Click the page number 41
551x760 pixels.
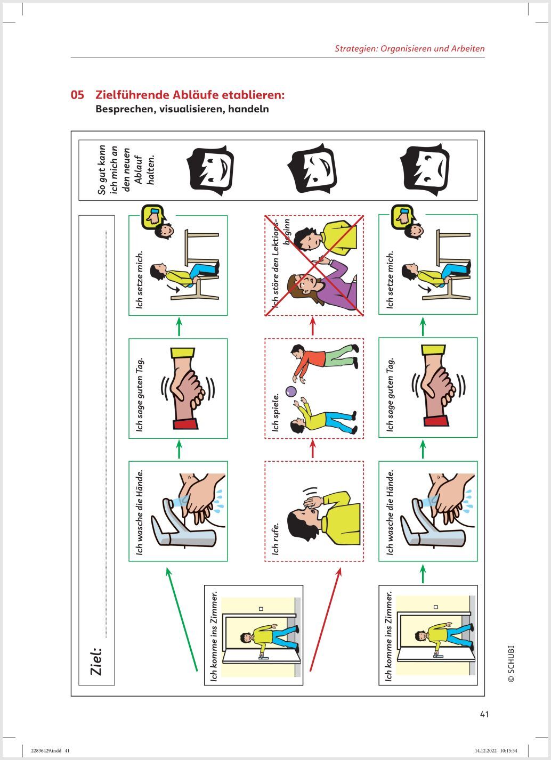(484, 714)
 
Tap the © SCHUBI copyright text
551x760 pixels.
(511, 664)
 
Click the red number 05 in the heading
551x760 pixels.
(77, 95)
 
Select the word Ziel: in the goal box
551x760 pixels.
(96, 661)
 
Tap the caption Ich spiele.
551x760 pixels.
(275, 412)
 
